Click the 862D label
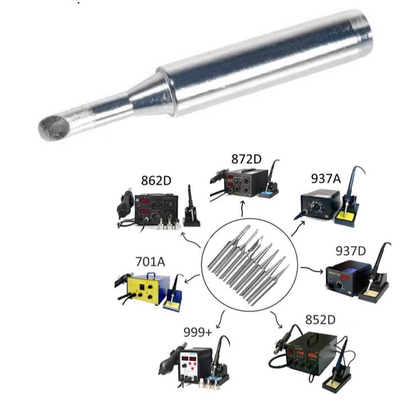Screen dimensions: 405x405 coord(156,181)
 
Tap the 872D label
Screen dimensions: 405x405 coord(246,159)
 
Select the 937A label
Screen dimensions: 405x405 coord(326,178)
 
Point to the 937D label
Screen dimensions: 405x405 coord(351,251)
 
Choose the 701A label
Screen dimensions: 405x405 coord(150,262)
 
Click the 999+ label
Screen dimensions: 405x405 coord(197,332)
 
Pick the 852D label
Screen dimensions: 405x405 coord(320,319)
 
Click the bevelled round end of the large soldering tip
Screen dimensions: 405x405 coord(54,128)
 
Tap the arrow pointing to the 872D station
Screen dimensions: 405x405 coord(242,209)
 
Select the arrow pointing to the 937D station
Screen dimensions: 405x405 coord(312,269)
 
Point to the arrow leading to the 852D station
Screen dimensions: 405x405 coord(276,320)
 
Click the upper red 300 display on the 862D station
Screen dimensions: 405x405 coord(145,201)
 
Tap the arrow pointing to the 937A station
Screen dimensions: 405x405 coord(298,228)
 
